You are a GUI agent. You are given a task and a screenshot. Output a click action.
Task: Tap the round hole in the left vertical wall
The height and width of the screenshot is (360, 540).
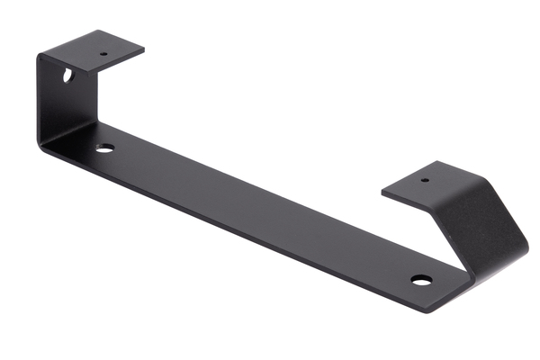[68, 76]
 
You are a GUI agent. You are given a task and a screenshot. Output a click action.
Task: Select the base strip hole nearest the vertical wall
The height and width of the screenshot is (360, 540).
[105, 148]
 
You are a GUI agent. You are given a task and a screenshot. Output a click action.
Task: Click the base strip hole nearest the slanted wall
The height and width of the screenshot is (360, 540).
[420, 280]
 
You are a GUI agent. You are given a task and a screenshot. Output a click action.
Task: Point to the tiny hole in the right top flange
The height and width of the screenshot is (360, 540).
[425, 180]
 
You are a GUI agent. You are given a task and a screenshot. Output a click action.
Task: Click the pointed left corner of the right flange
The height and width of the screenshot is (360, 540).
[382, 191]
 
